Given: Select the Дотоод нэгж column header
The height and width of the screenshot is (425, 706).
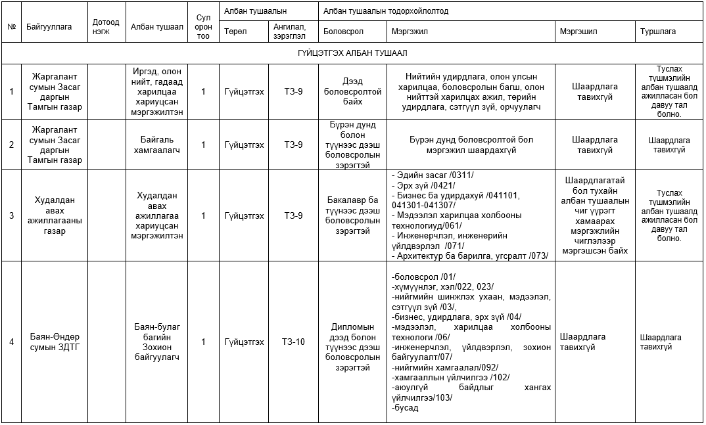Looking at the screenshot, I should point(106,27).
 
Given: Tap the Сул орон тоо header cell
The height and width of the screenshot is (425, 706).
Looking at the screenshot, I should point(204,27).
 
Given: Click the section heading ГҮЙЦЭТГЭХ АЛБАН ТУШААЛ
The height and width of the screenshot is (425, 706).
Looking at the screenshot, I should point(353,53).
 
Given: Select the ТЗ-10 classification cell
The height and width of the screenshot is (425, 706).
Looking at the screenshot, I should point(293,342).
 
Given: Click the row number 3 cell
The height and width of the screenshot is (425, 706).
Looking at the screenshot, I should point(11,215).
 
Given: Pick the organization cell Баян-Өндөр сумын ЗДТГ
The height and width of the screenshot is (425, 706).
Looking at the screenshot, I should point(53,342).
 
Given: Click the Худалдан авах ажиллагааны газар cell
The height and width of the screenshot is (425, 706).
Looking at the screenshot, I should point(53,215).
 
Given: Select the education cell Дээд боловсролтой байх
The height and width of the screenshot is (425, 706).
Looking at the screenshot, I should point(353,92).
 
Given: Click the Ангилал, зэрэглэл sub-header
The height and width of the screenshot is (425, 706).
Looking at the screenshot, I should point(293,32).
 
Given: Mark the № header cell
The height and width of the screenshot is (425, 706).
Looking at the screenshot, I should point(11,27).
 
